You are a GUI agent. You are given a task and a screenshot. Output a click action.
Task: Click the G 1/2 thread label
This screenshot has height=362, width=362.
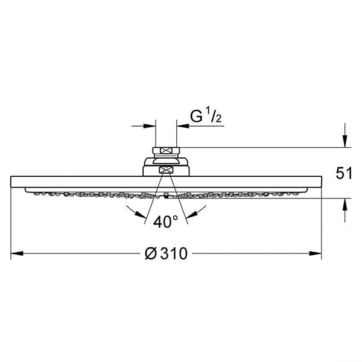pos(206,116)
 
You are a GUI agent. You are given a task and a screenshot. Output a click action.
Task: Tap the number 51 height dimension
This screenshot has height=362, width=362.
pos(344,173)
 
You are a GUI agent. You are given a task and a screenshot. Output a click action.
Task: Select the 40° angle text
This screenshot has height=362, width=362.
pos(166,222)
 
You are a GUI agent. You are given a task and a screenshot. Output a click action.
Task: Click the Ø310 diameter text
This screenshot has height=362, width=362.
pos(167,253)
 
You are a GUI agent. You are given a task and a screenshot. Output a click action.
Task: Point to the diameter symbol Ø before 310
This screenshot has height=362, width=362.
pos(151,253)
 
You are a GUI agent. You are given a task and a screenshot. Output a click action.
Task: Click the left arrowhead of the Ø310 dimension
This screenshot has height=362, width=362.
pos(17,253)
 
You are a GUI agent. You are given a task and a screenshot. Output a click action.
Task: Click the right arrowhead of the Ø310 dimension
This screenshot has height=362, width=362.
pos(316,253)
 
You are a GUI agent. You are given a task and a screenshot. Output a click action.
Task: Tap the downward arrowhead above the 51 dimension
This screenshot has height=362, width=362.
pos(345,141)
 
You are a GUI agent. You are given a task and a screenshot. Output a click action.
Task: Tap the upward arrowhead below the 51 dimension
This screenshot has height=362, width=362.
pos(345,205)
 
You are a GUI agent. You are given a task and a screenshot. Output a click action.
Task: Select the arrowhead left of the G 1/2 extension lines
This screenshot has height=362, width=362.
pos(150,126)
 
